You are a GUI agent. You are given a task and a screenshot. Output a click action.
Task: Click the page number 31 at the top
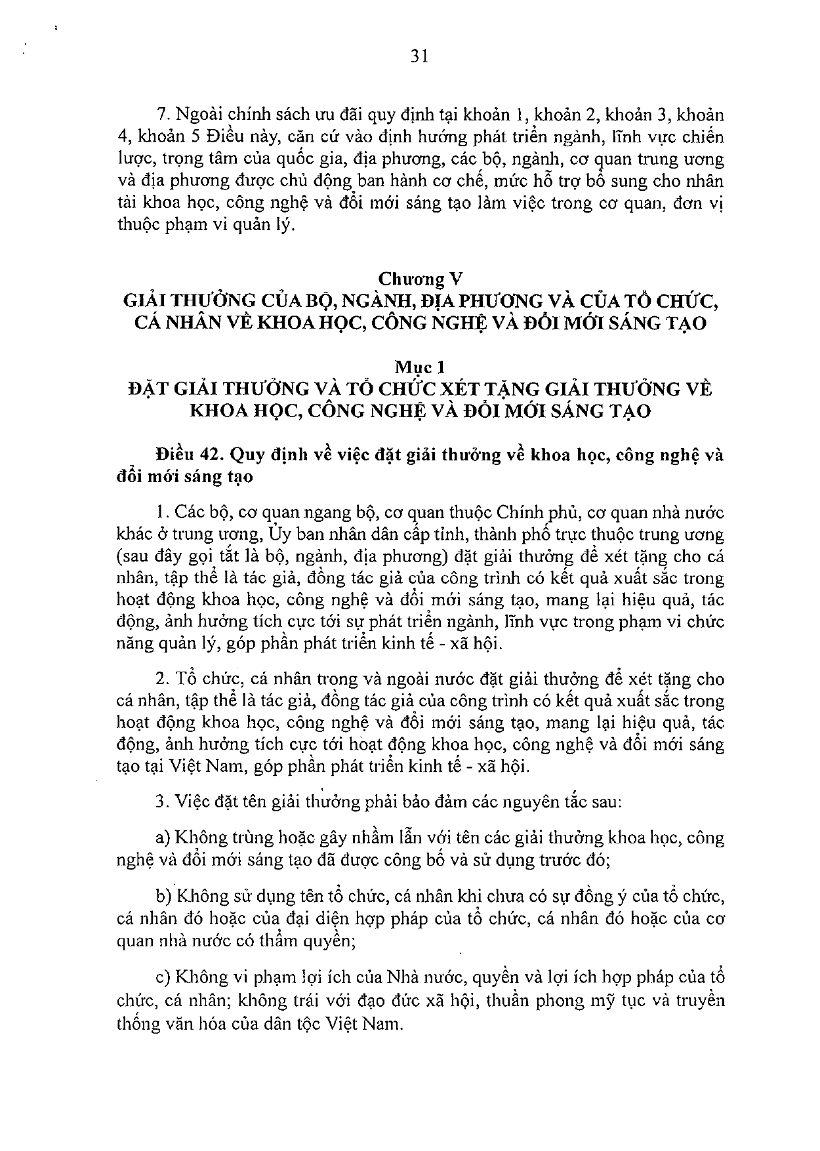click(x=419, y=56)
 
